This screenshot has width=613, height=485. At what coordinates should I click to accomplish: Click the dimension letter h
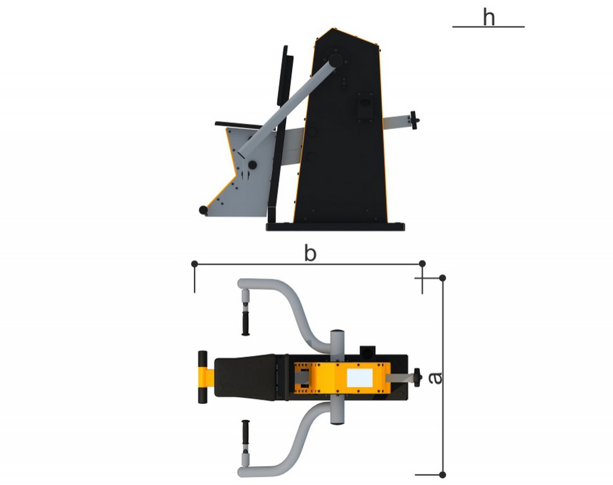tap(489, 18)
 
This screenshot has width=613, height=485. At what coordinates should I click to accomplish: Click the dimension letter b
tap(310, 253)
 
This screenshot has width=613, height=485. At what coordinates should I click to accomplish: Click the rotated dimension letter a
tap(435, 378)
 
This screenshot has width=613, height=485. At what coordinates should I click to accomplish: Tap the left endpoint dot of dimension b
tap(195, 264)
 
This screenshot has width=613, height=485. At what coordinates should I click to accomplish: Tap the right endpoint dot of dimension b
tap(422, 264)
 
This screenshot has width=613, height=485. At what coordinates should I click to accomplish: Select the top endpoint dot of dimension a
tap(442, 278)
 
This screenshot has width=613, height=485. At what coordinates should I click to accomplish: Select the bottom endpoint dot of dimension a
tap(442, 475)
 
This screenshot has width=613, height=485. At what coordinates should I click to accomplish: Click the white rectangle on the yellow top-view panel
tap(360, 377)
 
